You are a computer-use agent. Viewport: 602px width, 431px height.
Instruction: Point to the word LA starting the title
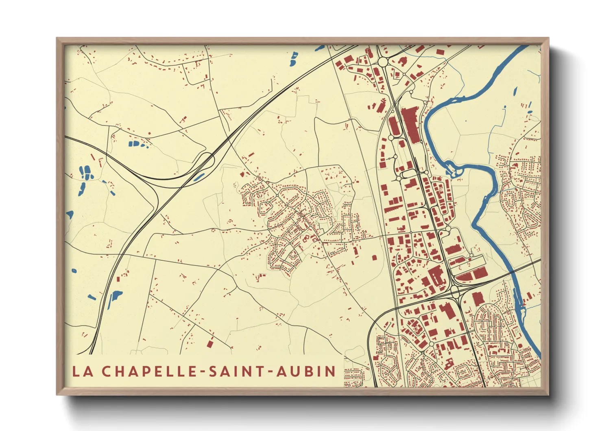pos(81,371)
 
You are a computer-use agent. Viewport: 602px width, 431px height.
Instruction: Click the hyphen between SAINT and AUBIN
pos(271,372)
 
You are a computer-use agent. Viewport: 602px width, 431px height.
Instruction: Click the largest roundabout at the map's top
pos(383,62)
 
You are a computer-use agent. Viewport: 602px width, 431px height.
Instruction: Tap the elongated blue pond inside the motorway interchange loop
pos(199,176)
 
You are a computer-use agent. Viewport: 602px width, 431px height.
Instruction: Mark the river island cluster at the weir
pos(451,168)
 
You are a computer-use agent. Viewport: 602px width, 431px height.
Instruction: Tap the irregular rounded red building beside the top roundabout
pos(402,62)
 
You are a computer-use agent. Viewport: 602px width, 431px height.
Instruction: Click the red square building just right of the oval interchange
pos(478,298)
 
